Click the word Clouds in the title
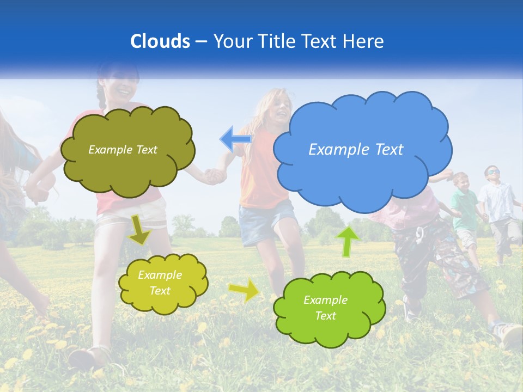[160, 41]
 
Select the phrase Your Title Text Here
[299, 41]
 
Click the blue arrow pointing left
[235, 139]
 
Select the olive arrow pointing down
[140, 230]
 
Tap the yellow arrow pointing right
[245, 290]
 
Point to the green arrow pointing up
[348, 241]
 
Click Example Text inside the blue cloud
[356, 150]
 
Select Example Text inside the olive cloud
[123, 150]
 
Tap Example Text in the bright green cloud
[325, 308]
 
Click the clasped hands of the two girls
[214, 175]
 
